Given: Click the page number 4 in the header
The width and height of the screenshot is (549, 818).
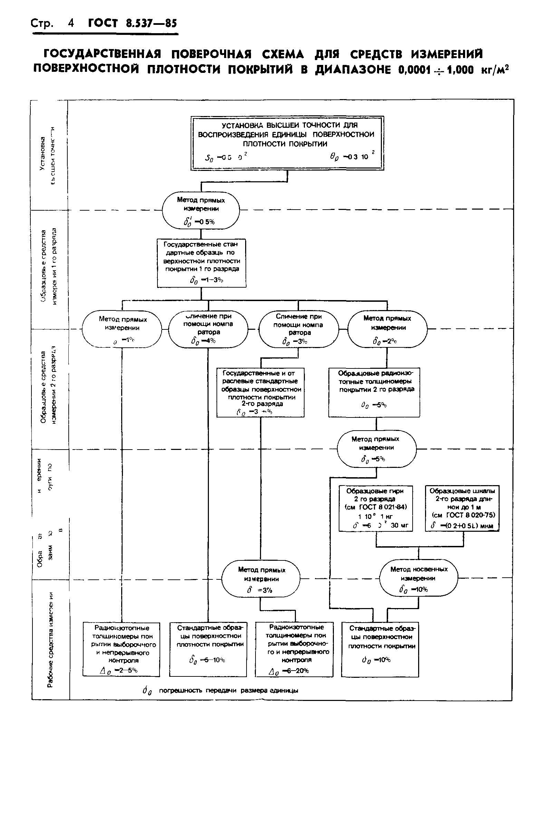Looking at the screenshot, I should [71, 23].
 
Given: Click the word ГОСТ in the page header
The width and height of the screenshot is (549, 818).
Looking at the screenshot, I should [103, 23].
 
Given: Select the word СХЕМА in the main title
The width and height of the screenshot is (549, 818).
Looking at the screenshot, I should [283, 54].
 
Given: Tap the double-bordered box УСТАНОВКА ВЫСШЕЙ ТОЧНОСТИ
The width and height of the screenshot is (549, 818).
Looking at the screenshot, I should [287, 143].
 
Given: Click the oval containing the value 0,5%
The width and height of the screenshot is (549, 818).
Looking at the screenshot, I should [201, 210].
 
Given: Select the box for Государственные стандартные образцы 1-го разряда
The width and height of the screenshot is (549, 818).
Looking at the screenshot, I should [201, 263].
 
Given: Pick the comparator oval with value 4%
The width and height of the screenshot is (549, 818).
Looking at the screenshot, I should [208, 329].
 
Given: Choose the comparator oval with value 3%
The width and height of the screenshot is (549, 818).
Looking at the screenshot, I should [299, 329].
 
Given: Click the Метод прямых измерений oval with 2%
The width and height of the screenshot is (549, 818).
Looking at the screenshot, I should [387, 329].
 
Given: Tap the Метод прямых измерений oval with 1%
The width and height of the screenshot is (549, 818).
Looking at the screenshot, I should [122, 329].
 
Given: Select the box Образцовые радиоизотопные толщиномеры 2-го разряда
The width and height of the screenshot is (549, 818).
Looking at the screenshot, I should [374, 392].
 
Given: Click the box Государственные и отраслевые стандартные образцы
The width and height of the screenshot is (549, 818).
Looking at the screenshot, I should [260, 392].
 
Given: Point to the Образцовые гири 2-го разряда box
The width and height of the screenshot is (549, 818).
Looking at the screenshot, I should [376, 508].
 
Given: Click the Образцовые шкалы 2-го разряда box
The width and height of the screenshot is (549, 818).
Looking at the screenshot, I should [462, 508].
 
